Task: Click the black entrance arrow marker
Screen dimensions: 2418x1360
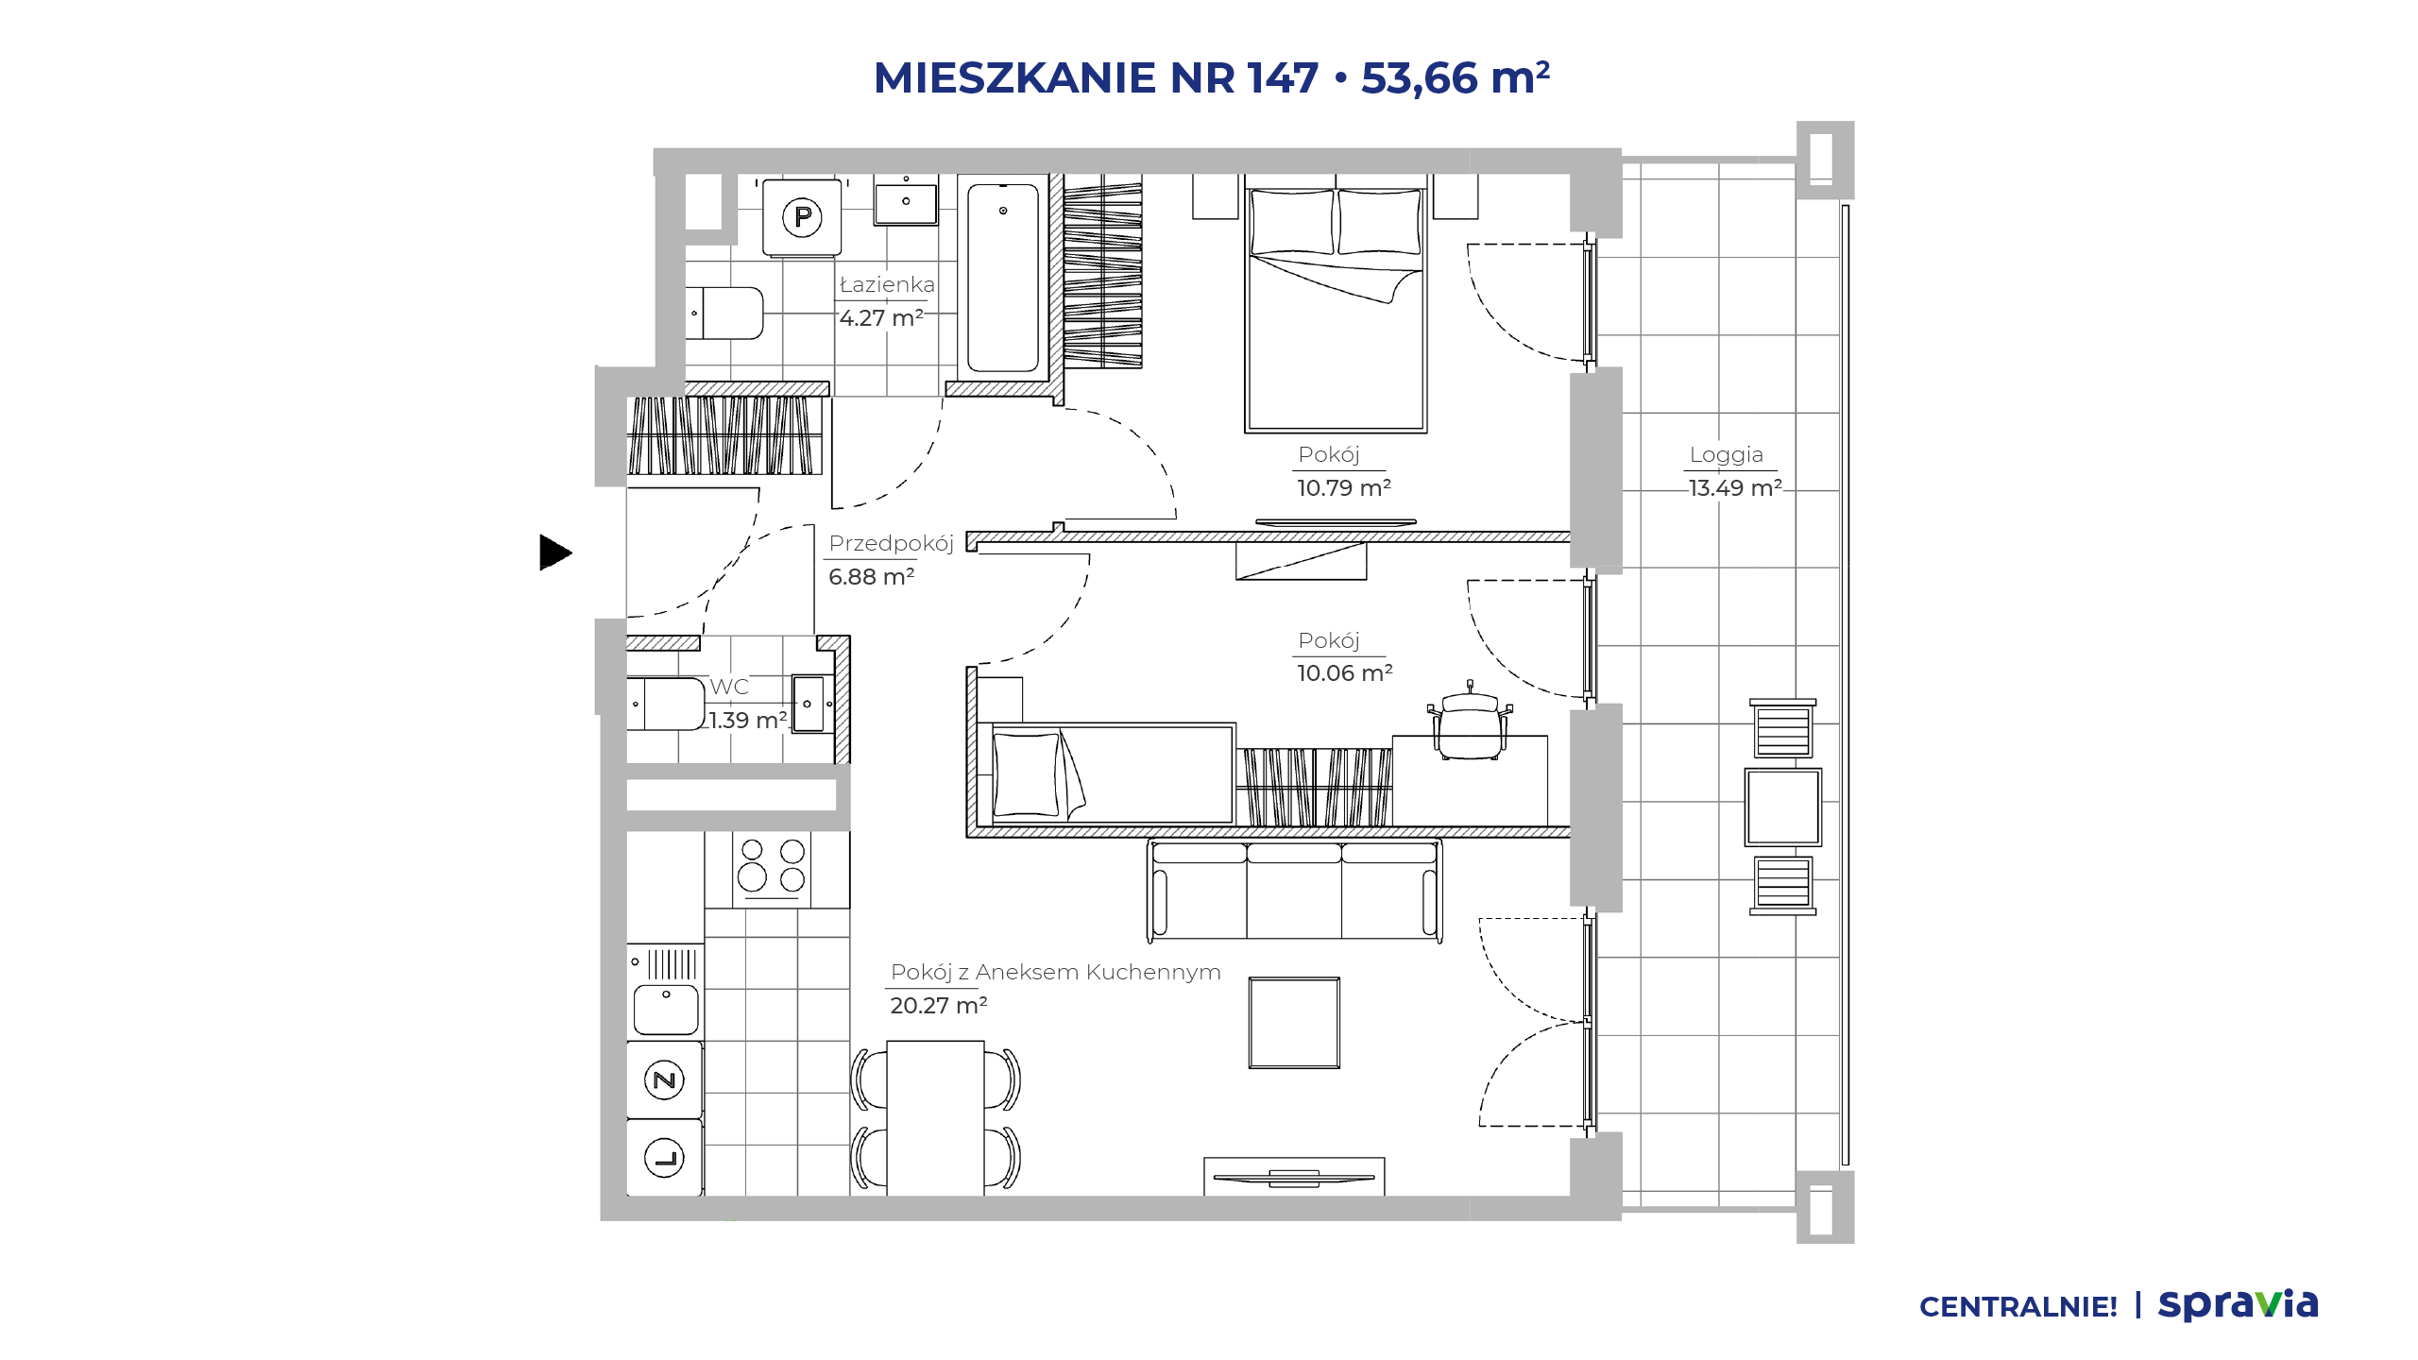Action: pyautogui.click(x=555, y=552)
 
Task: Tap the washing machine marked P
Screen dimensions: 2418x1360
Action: pyautogui.click(x=802, y=218)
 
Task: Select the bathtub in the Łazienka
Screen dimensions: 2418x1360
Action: pyautogui.click(x=1003, y=278)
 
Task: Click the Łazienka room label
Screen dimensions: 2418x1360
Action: pyautogui.click(x=887, y=284)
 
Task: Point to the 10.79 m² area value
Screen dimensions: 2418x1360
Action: pyautogui.click(x=1343, y=487)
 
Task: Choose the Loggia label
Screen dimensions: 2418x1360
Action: pyautogui.click(x=1726, y=454)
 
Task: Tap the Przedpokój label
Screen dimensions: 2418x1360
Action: pyautogui.click(x=891, y=543)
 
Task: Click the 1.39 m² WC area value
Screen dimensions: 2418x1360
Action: pyautogui.click(x=748, y=720)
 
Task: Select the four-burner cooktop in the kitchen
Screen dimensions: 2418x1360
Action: pyautogui.click(x=773, y=866)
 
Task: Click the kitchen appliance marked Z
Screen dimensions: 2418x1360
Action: pyautogui.click(x=665, y=1079)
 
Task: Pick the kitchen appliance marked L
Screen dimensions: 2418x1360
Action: pyautogui.click(x=665, y=1158)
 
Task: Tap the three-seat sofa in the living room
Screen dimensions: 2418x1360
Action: pyautogui.click(x=1294, y=891)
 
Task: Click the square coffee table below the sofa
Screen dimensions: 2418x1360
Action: pyautogui.click(x=1294, y=1023)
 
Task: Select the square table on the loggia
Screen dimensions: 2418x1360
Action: pyautogui.click(x=1782, y=807)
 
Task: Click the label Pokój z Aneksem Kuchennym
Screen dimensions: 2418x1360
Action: pyautogui.click(x=1055, y=972)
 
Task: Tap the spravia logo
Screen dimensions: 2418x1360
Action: pyautogui.click(x=2239, y=1304)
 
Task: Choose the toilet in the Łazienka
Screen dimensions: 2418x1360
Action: pyautogui.click(x=724, y=313)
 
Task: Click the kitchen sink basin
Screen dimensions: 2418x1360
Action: pyautogui.click(x=666, y=1010)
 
